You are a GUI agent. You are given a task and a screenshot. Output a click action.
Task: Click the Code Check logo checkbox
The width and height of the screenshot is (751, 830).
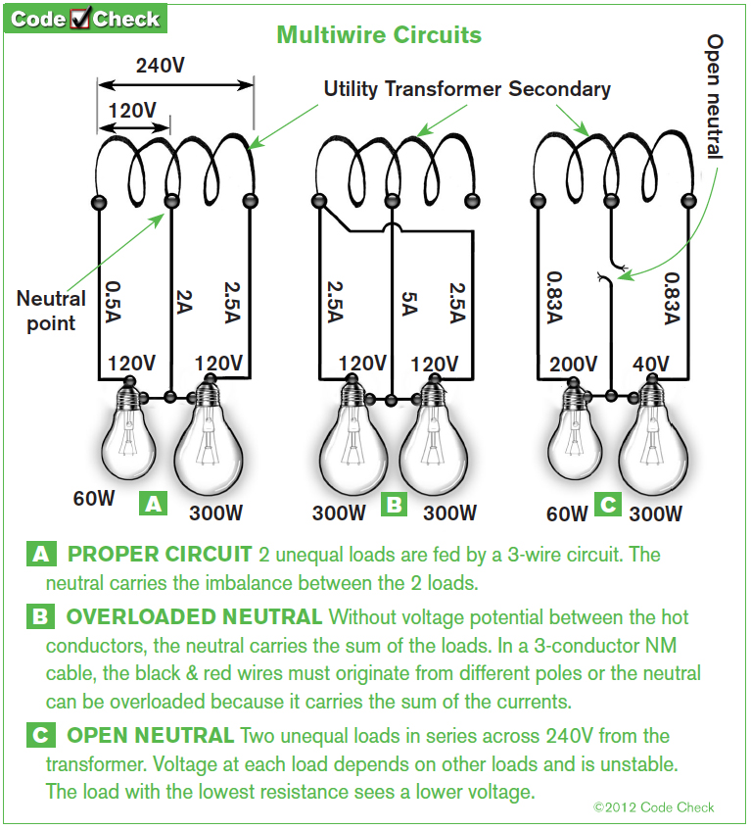pos(80,18)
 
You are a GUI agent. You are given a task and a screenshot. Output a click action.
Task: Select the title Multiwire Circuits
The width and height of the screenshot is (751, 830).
pos(379,35)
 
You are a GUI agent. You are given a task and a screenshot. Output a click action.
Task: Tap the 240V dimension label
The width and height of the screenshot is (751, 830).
pos(161,66)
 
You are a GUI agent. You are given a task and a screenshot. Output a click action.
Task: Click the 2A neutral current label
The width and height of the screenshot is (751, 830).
pos(183,302)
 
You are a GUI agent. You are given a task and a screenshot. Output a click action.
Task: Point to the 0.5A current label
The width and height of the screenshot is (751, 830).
pos(114,301)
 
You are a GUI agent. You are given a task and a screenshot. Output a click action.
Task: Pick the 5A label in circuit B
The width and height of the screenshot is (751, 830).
pos(409,304)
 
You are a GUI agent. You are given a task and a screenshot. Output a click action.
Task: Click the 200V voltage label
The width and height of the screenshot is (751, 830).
pos(573,365)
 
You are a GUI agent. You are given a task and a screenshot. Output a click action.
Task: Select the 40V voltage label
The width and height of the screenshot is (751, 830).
pos(650,365)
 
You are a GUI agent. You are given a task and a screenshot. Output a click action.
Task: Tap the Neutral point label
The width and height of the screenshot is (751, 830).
pos(51,311)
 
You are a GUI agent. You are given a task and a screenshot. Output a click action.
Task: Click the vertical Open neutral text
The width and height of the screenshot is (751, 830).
pos(714,97)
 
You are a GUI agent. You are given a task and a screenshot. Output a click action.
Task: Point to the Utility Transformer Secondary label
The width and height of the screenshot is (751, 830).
pos(467,89)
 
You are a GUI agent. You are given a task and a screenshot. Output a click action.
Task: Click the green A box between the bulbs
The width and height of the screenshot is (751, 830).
pos(154,504)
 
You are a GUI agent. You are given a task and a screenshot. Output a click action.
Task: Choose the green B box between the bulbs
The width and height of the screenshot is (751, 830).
pos(394,505)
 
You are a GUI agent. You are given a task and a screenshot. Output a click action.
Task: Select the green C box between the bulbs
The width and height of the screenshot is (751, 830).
pos(608,504)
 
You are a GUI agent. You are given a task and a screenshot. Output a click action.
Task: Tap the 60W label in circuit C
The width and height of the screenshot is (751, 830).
pos(567,513)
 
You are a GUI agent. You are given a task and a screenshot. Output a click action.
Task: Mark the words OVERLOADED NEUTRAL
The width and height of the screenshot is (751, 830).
pos(194,617)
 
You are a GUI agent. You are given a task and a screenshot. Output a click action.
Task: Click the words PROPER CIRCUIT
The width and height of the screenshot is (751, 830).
pos(160,555)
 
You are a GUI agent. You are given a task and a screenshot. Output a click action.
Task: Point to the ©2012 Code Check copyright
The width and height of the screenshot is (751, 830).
pos(654,807)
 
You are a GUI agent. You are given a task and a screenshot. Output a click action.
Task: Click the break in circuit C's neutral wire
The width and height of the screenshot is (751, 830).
pos(612,272)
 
